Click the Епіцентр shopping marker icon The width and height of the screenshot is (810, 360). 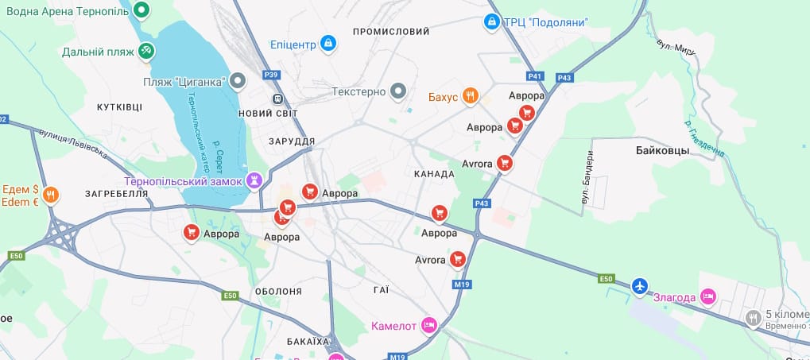pyautogui.click(x=327, y=43)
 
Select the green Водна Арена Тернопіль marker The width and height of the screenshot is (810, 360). pyautogui.click(x=142, y=10)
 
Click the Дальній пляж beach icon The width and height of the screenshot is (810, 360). pyautogui.click(x=146, y=52)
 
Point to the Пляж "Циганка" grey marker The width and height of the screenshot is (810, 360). pyautogui.click(x=237, y=81)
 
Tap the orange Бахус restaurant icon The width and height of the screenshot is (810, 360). pyautogui.click(x=471, y=97)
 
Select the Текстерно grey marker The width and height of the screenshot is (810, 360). pyautogui.click(x=399, y=91)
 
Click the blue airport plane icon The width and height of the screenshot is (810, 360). pyautogui.click(x=640, y=285)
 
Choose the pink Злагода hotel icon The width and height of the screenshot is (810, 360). pyautogui.click(x=709, y=297)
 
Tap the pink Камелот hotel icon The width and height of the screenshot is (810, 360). pyautogui.click(x=429, y=325)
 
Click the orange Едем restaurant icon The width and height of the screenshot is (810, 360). pyautogui.click(x=52, y=195)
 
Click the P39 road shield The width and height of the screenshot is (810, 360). pyautogui.click(x=272, y=75)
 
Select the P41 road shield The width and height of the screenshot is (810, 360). pyautogui.click(x=535, y=77)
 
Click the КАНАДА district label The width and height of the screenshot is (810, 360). pyautogui.click(x=434, y=173)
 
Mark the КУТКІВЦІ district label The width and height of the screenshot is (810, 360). pyautogui.click(x=119, y=106)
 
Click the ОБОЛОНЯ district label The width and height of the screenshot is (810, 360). pyautogui.click(x=278, y=292)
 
